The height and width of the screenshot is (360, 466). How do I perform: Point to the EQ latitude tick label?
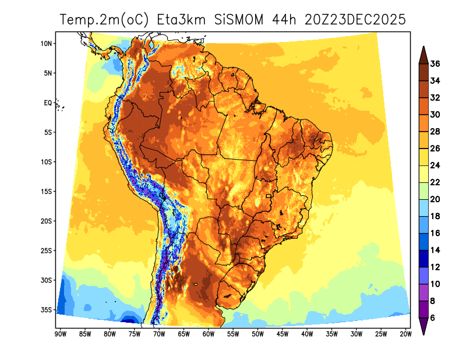pos(48,103)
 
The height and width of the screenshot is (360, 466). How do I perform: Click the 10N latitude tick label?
pos(47,43)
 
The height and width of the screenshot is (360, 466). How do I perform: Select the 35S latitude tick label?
pos(47,310)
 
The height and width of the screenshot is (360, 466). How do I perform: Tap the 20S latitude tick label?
pos(47,221)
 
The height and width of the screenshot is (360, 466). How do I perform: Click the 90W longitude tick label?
pos(59,334)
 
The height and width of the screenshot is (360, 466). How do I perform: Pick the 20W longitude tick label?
pos(406,334)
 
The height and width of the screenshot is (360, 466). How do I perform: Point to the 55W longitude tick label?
pos(232,334)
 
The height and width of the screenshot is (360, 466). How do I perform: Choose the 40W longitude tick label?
pos(307,334)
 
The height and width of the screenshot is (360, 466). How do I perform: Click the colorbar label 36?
pos(435,64)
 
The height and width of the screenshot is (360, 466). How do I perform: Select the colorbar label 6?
pos(433,319)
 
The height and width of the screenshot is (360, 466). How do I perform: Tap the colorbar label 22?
pos(435,182)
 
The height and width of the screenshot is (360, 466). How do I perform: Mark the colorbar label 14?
pos(435,250)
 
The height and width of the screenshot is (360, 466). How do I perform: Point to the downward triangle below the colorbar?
pos(424,328)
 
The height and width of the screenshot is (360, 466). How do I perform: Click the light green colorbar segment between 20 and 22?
pos(424,191)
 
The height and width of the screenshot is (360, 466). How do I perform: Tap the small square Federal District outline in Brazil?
pos(269,196)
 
